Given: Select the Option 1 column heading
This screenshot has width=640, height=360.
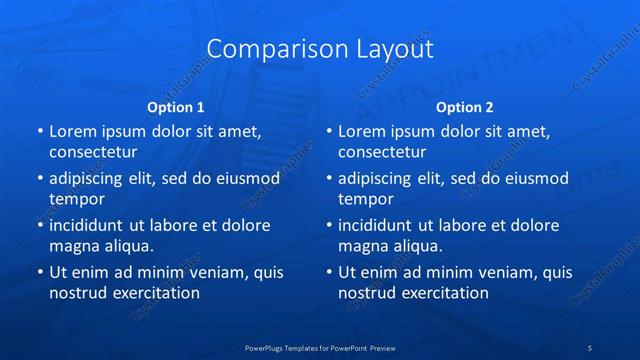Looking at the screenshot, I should (176, 107).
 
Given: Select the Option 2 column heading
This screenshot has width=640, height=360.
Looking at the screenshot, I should (465, 107).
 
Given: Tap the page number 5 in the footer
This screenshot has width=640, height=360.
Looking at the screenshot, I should (590, 347).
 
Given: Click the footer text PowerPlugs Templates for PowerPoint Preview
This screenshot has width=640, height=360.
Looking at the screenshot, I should (319, 347).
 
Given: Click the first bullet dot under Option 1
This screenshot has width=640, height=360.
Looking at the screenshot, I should (39, 132).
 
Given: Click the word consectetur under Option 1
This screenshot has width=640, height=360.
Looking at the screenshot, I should (93, 152).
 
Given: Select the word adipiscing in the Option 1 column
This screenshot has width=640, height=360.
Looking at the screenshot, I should (90, 179).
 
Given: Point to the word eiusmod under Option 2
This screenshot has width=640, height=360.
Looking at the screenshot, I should (535, 179).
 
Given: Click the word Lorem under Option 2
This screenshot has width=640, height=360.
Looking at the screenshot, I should (360, 132).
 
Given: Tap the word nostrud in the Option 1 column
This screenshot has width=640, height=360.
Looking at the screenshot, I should (77, 293).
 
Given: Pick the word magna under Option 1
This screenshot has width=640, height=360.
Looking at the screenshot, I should (73, 246).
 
